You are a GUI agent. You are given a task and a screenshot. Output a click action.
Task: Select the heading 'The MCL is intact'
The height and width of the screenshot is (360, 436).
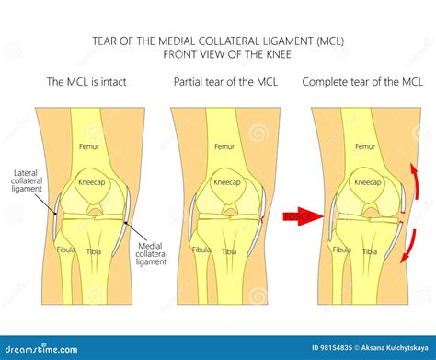(x=86, y=83)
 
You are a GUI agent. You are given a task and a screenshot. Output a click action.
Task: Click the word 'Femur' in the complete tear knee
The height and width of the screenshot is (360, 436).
(x=364, y=145)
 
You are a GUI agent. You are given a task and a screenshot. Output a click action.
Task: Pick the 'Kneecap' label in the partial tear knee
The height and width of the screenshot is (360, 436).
(x=226, y=182)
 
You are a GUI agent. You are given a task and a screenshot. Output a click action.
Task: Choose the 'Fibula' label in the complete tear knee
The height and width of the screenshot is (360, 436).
(x=341, y=249)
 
